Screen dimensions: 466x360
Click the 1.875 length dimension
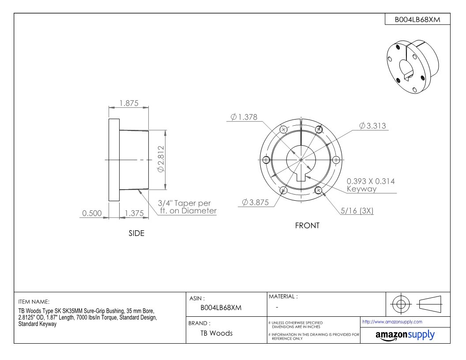[129, 103]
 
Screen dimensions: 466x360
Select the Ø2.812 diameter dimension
[161, 159]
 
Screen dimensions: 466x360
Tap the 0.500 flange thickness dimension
[92, 213]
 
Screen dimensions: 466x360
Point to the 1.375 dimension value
[134, 213]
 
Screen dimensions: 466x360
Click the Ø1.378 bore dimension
[244, 117]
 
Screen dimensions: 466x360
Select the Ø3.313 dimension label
[373, 126]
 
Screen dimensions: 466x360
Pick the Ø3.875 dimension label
[256, 202]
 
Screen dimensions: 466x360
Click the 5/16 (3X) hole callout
[357, 210]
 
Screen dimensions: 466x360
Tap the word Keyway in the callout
[362, 189]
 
